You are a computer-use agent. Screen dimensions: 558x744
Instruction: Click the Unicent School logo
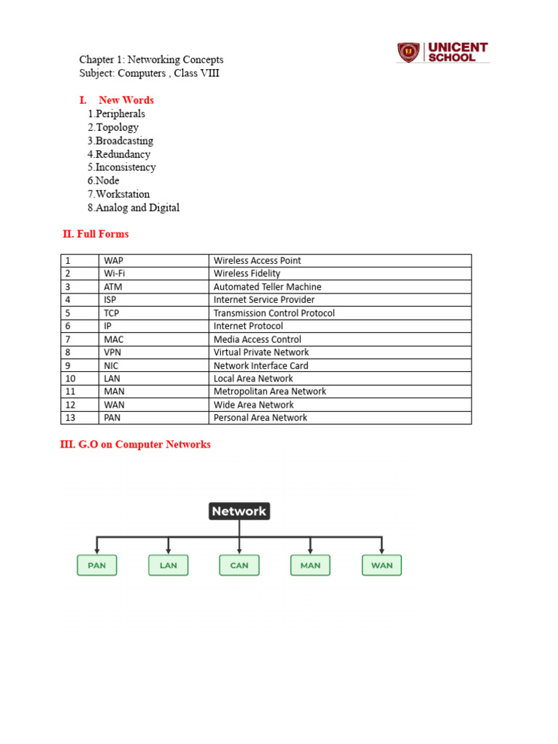tap(442, 52)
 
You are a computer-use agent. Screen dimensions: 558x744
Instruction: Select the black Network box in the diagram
tap(239, 511)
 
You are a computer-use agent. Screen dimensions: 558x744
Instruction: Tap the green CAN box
tap(239, 565)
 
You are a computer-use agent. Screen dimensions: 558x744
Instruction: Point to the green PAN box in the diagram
tap(97, 565)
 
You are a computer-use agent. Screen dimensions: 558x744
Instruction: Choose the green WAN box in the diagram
tap(381, 565)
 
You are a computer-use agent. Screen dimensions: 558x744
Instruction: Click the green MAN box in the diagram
tap(310, 565)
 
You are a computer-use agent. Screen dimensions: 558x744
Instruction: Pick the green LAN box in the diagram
tap(168, 565)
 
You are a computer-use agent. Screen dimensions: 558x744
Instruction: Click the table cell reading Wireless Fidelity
tap(247, 274)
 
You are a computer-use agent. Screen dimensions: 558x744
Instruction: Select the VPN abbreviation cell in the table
tap(114, 352)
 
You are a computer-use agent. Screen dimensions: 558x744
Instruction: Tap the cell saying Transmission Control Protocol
tap(274, 313)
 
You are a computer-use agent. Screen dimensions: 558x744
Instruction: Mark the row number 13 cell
tap(70, 418)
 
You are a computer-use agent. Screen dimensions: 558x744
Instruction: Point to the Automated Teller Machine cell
tap(267, 287)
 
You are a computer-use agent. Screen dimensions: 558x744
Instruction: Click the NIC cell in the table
tap(113, 365)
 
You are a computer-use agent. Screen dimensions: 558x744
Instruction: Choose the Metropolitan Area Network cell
tap(270, 392)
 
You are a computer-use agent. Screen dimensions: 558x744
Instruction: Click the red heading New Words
tap(126, 100)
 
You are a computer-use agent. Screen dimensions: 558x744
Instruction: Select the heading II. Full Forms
tap(96, 234)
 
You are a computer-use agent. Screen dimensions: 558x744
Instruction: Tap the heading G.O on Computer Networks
tap(135, 444)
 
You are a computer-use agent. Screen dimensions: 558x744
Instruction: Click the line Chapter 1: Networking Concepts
tap(151, 60)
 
